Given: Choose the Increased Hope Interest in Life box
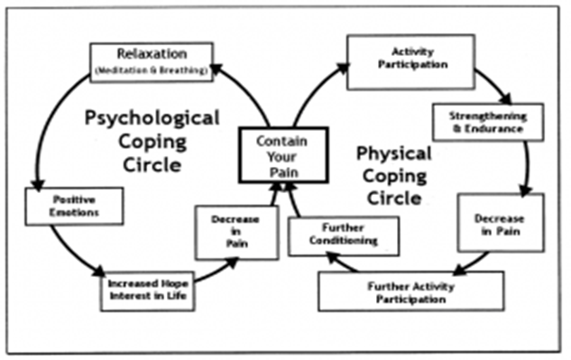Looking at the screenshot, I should coord(148,290).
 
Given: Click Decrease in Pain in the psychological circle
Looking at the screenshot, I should coord(236,232).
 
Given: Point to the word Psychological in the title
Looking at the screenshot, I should coord(152,117).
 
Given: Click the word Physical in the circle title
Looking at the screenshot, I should coord(393,152).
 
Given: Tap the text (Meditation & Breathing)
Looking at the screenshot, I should coord(152,69).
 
